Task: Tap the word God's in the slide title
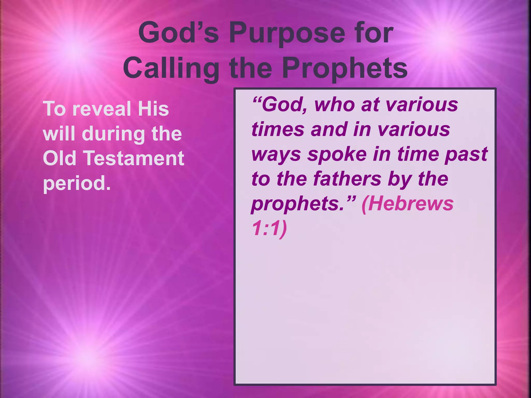pos(179,33)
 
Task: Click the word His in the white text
pos(153,109)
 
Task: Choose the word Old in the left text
pos(59,158)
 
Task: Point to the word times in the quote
pos(278,130)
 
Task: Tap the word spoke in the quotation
pos(337,154)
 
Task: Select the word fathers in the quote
pos(347,179)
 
